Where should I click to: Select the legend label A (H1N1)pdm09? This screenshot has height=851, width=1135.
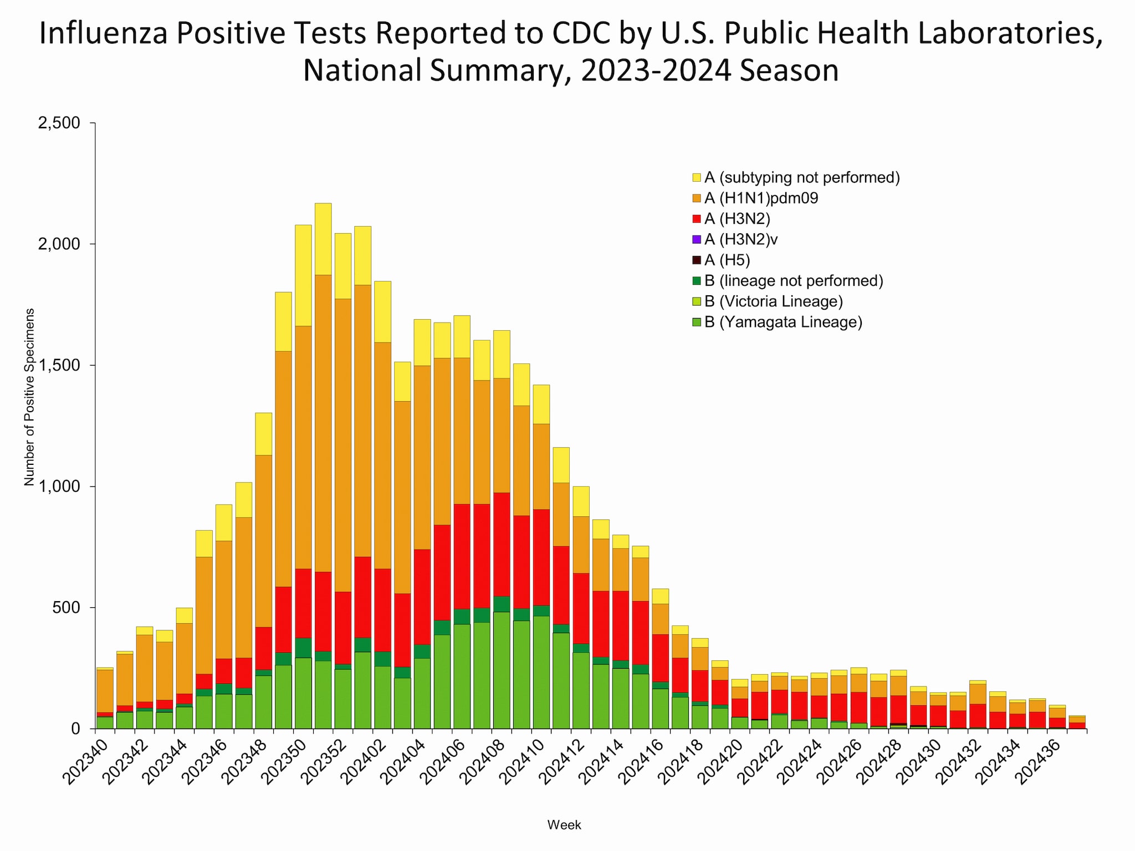point(761,198)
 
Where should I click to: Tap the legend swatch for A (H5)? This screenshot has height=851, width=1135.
point(697,260)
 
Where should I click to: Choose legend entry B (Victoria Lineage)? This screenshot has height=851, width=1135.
point(773,301)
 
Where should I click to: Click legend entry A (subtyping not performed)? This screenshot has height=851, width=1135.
point(801,177)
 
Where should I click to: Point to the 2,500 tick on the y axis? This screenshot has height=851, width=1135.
point(59,123)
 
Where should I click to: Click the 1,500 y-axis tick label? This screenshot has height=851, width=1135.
point(59,366)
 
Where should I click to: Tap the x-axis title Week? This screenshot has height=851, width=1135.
point(564,825)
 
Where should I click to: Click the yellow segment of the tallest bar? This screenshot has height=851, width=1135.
point(323,239)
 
